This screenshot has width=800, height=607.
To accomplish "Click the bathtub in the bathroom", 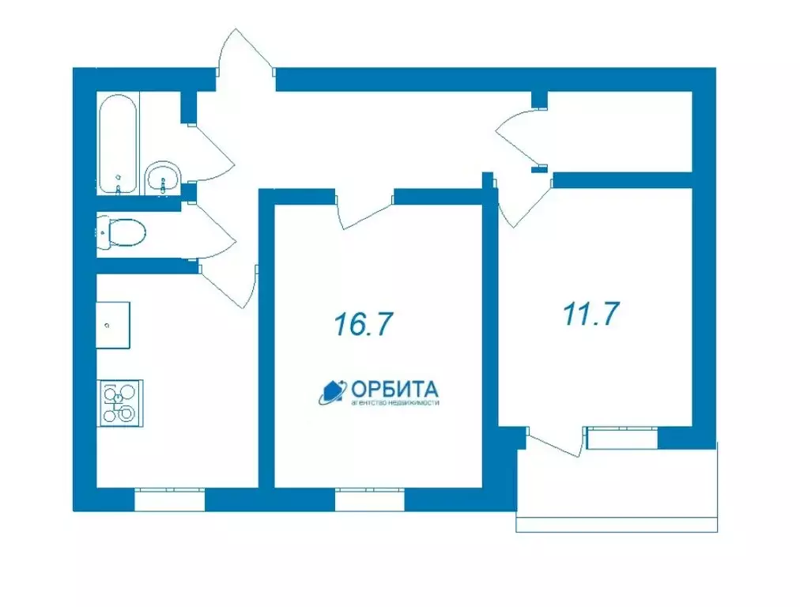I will [118, 144].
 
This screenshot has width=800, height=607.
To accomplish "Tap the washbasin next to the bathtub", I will [164, 178].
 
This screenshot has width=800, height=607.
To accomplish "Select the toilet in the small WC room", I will [122, 233].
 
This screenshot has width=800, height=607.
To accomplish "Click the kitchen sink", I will [113, 325].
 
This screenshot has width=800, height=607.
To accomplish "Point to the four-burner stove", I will [120, 402].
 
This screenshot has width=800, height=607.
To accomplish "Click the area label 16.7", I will [364, 324].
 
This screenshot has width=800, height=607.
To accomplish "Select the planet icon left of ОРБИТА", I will [330, 391].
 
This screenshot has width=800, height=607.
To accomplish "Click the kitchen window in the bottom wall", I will [169, 500].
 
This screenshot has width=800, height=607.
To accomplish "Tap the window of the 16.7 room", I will [370, 500].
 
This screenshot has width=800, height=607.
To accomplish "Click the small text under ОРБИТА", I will [393, 403].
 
